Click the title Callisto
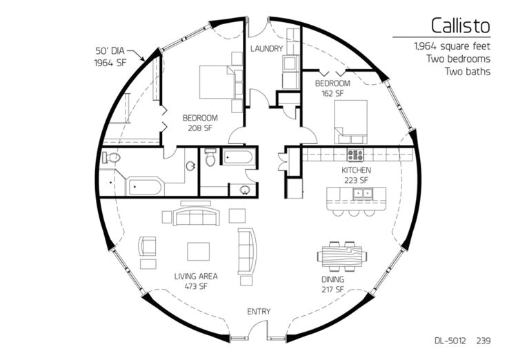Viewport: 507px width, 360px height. coord(461,26)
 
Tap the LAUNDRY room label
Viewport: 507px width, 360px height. coord(266,49)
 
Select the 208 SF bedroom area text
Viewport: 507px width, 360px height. coord(200,128)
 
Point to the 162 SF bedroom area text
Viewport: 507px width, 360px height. coord(332,94)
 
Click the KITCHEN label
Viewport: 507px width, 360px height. coord(357,170)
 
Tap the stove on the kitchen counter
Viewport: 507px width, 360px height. coord(355,154)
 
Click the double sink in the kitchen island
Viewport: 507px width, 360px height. coord(364,194)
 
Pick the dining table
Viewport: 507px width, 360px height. coord(342,257)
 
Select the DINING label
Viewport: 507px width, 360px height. coord(332,279)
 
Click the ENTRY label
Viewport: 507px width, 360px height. coord(259,312)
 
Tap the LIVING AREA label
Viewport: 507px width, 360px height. coord(196,277)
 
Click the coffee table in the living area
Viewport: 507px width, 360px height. coord(198,252)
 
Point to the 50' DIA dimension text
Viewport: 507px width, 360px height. coord(110,51)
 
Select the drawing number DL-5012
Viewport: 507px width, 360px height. coord(450,341)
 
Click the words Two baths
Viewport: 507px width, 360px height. coord(467,71)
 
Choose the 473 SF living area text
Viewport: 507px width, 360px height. coord(197,286)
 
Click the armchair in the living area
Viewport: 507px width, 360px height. coord(147,247)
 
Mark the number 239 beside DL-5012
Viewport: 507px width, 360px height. coord(484,341)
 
